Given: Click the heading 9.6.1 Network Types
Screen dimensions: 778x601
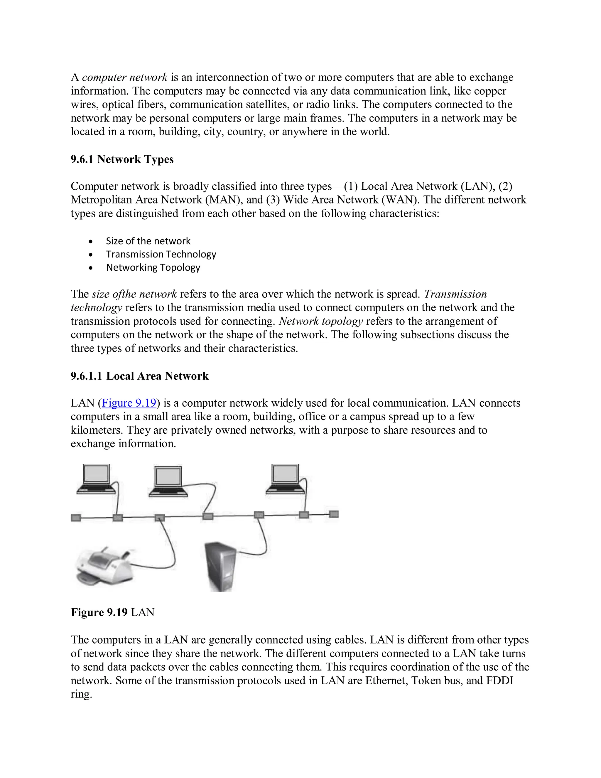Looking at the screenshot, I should point(122,159).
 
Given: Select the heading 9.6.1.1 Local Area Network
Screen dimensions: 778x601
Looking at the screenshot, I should point(140,376).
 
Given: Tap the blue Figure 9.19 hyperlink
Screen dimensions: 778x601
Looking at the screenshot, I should point(129,403).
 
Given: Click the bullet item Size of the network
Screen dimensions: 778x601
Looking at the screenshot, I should point(148,241).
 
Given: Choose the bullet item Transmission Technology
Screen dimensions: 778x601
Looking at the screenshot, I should point(161,254).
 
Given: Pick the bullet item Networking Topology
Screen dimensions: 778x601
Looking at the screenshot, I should point(153,267).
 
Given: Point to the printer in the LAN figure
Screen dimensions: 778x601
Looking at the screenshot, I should point(103,566).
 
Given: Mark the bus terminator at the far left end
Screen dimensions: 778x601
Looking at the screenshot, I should point(76,518).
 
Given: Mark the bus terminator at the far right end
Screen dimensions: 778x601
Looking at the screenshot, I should point(334,514).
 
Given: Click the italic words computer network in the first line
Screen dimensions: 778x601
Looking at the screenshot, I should point(125,77).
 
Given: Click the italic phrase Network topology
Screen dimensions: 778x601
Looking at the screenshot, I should point(321,321).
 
